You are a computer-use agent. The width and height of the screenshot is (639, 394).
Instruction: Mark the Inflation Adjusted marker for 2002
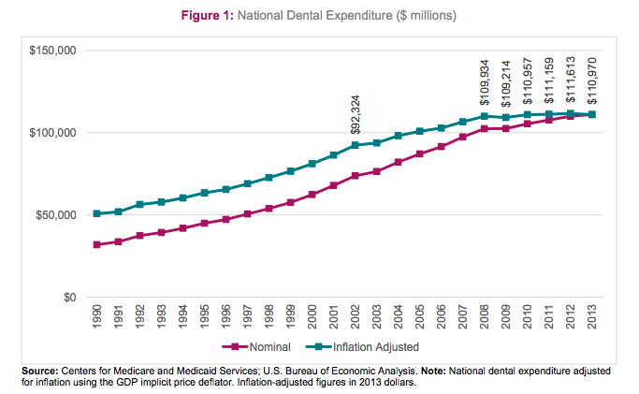click(x=356, y=145)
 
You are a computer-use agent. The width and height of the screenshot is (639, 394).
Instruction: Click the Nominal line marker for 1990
click(x=97, y=244)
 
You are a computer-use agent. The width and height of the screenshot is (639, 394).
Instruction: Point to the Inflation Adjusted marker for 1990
click(x=97, y=213)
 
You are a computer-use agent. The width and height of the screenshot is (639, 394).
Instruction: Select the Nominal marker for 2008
click(x=485, y=128)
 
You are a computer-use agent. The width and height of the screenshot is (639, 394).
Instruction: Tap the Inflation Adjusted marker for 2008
click(x=485, y=117)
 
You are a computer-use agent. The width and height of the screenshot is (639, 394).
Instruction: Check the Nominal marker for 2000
click(x=312, y=194)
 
